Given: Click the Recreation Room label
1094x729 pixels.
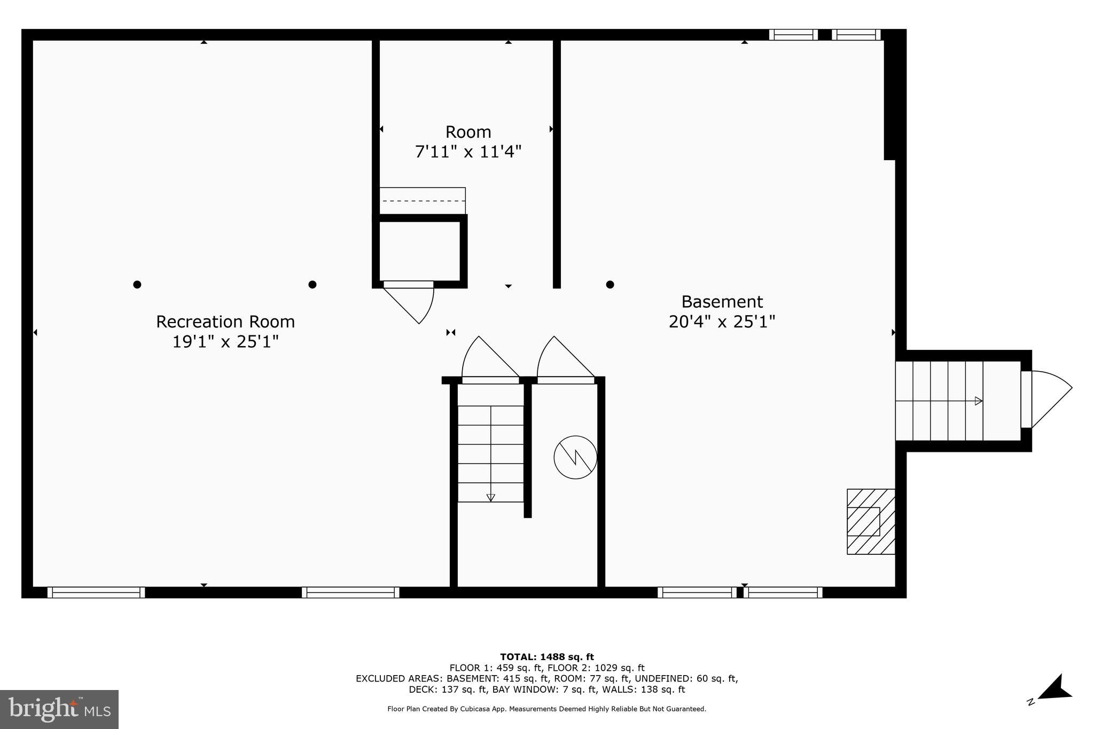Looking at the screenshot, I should [225, 322].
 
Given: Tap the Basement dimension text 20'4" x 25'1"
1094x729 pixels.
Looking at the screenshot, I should [722, 322].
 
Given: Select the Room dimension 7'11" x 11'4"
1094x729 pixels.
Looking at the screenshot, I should [468, 152].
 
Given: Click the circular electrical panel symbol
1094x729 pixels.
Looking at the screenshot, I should [575, 457].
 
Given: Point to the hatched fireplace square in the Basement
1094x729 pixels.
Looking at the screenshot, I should [870, 521].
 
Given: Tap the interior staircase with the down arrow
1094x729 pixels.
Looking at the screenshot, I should [490, 453].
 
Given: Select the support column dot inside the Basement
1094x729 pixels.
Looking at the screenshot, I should [610, 285].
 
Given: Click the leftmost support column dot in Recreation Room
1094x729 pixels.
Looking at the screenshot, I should [137, 285].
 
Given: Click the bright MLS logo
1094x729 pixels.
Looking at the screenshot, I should [59, 709].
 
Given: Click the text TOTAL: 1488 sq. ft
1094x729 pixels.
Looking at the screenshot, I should [547, 657].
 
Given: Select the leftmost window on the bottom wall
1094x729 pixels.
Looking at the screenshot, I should [96, 592].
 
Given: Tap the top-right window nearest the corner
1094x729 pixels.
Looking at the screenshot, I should [856, 35].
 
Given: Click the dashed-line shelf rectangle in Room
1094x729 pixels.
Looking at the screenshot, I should [422, 201].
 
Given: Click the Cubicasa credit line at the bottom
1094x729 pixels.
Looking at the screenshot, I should [546, 709].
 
